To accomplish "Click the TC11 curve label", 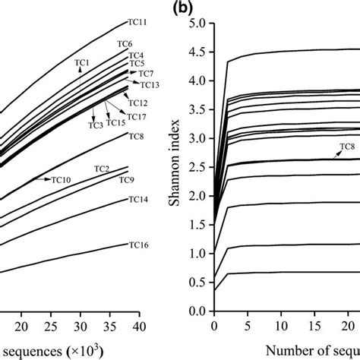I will (137, 24).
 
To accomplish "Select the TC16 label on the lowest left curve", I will (138, 245).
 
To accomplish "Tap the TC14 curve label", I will (138, 200).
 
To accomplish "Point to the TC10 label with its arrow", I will (61, 179).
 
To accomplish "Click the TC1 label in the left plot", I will (81, 62).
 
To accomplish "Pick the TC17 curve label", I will (137, 116).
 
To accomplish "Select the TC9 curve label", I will (127, 179).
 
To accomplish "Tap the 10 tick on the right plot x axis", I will (281, 326).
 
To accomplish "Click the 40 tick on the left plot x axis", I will (139, 326).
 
